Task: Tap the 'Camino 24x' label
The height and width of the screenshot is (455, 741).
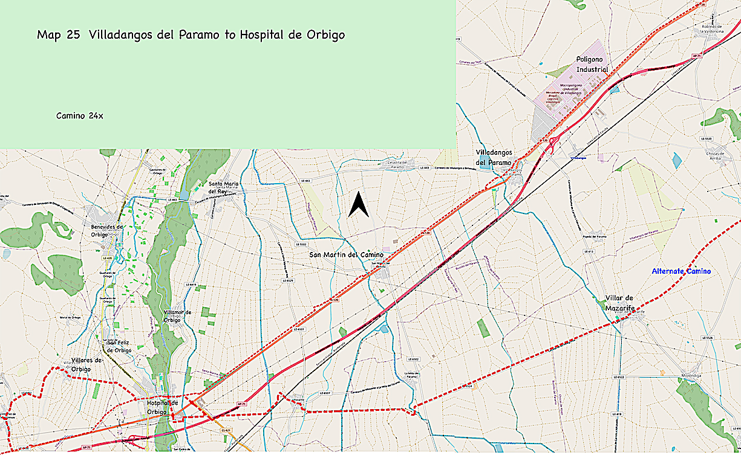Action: pyautogui.click(x=79, y=115)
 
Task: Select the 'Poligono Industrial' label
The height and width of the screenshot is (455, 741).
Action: pyautogui.click(x=592, y=65)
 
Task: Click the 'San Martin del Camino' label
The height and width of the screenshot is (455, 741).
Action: pyautogui.click(x=346, y=254)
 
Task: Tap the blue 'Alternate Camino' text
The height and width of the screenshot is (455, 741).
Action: pyautogui.click(x=681, y=271)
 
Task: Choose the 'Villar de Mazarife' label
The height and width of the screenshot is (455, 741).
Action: pyautogui.click(x=619, y=302)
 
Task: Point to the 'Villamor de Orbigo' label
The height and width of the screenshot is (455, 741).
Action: pyautogui.click(x=178, y=316)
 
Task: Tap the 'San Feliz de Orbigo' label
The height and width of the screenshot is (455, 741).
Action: pyautogui.click(x=119, y=346)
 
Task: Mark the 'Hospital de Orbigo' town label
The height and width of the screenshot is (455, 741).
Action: pyautogui.click(x=163, y=407)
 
